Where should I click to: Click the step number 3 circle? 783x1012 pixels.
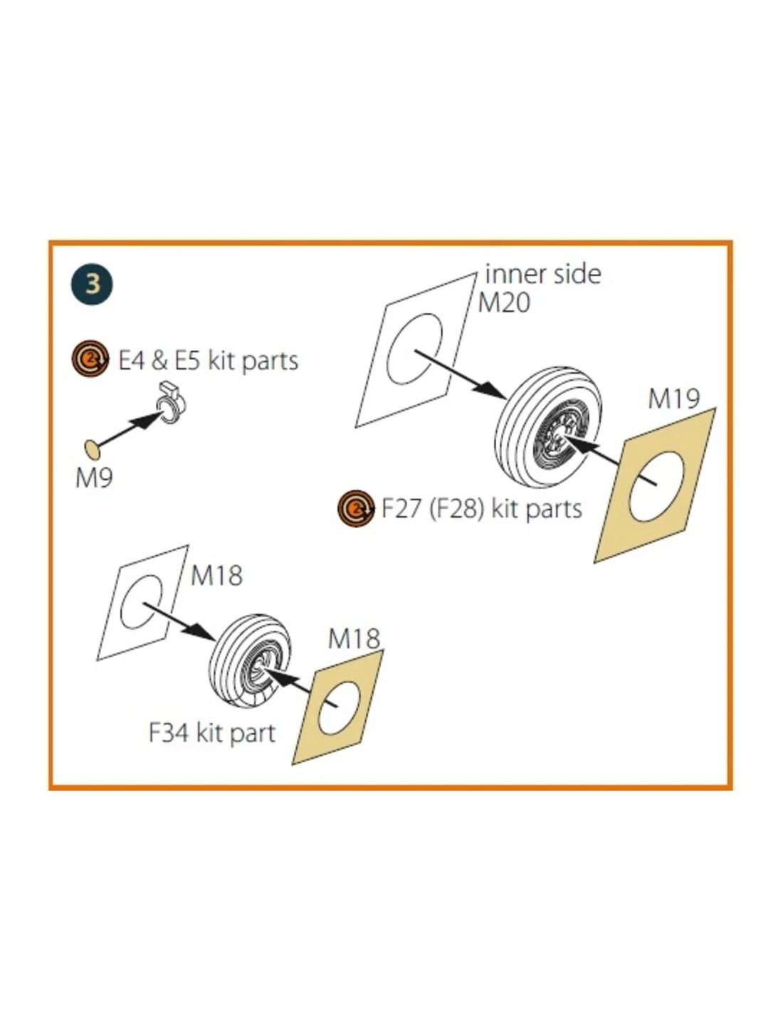coord(92,284)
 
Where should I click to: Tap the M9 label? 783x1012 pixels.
coord(94,478)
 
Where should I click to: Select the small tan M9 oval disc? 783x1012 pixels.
coord(93,448)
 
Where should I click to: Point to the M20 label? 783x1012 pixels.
coord(504,302)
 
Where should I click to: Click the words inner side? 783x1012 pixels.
coord(542,274)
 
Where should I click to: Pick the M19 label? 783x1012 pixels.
coord(674,399)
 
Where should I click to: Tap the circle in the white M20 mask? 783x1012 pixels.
coord(414,349)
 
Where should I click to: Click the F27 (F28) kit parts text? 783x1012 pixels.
coord(482,508)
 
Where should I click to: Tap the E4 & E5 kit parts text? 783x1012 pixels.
coord(209,361)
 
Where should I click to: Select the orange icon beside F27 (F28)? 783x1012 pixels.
coord(357,508)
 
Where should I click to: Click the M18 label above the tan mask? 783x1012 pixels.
coord(354,638)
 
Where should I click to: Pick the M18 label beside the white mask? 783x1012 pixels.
coord(216,575)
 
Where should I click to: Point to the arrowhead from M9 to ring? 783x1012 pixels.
coord(147,419)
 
